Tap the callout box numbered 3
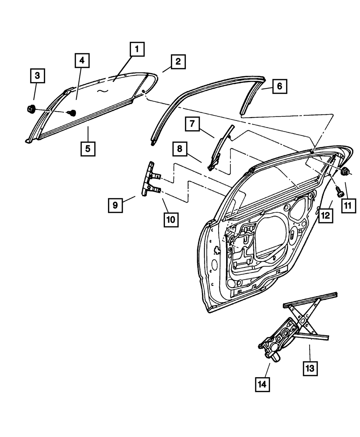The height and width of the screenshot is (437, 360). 37,76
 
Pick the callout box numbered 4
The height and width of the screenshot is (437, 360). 82,61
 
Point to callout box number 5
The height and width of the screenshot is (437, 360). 88,148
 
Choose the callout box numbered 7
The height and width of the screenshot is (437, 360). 193,125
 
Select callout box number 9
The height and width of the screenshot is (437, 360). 115,205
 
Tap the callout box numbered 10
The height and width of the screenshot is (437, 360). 171,219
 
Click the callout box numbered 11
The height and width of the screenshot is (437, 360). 348,206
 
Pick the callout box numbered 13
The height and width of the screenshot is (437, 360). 310,368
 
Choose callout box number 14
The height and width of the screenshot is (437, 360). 262,384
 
